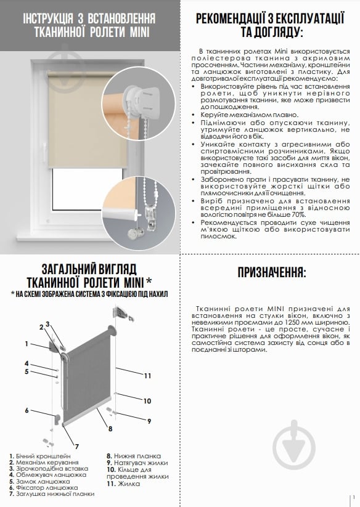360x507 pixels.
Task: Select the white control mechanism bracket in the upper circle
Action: [x=136, y=97]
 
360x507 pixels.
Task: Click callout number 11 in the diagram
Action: [x=148, y=375]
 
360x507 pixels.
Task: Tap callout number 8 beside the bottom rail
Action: [x=110, y=428]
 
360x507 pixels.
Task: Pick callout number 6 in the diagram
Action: [x=27, y=410]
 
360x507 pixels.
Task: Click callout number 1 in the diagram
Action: [x=27, y=343]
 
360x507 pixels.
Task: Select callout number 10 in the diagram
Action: [x=147, y=401]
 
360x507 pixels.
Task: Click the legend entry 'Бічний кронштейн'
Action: [x=43, y=455]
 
